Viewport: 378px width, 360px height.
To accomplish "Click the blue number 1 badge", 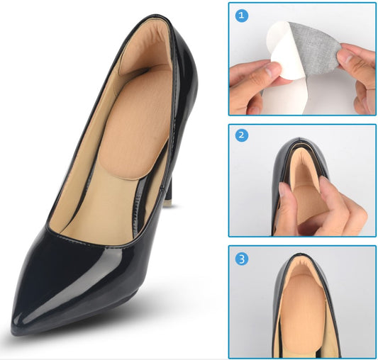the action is [241, 16].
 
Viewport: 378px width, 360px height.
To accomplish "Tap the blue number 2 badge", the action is [241, 135].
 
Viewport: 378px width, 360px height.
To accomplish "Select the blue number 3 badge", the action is [241, 259].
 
